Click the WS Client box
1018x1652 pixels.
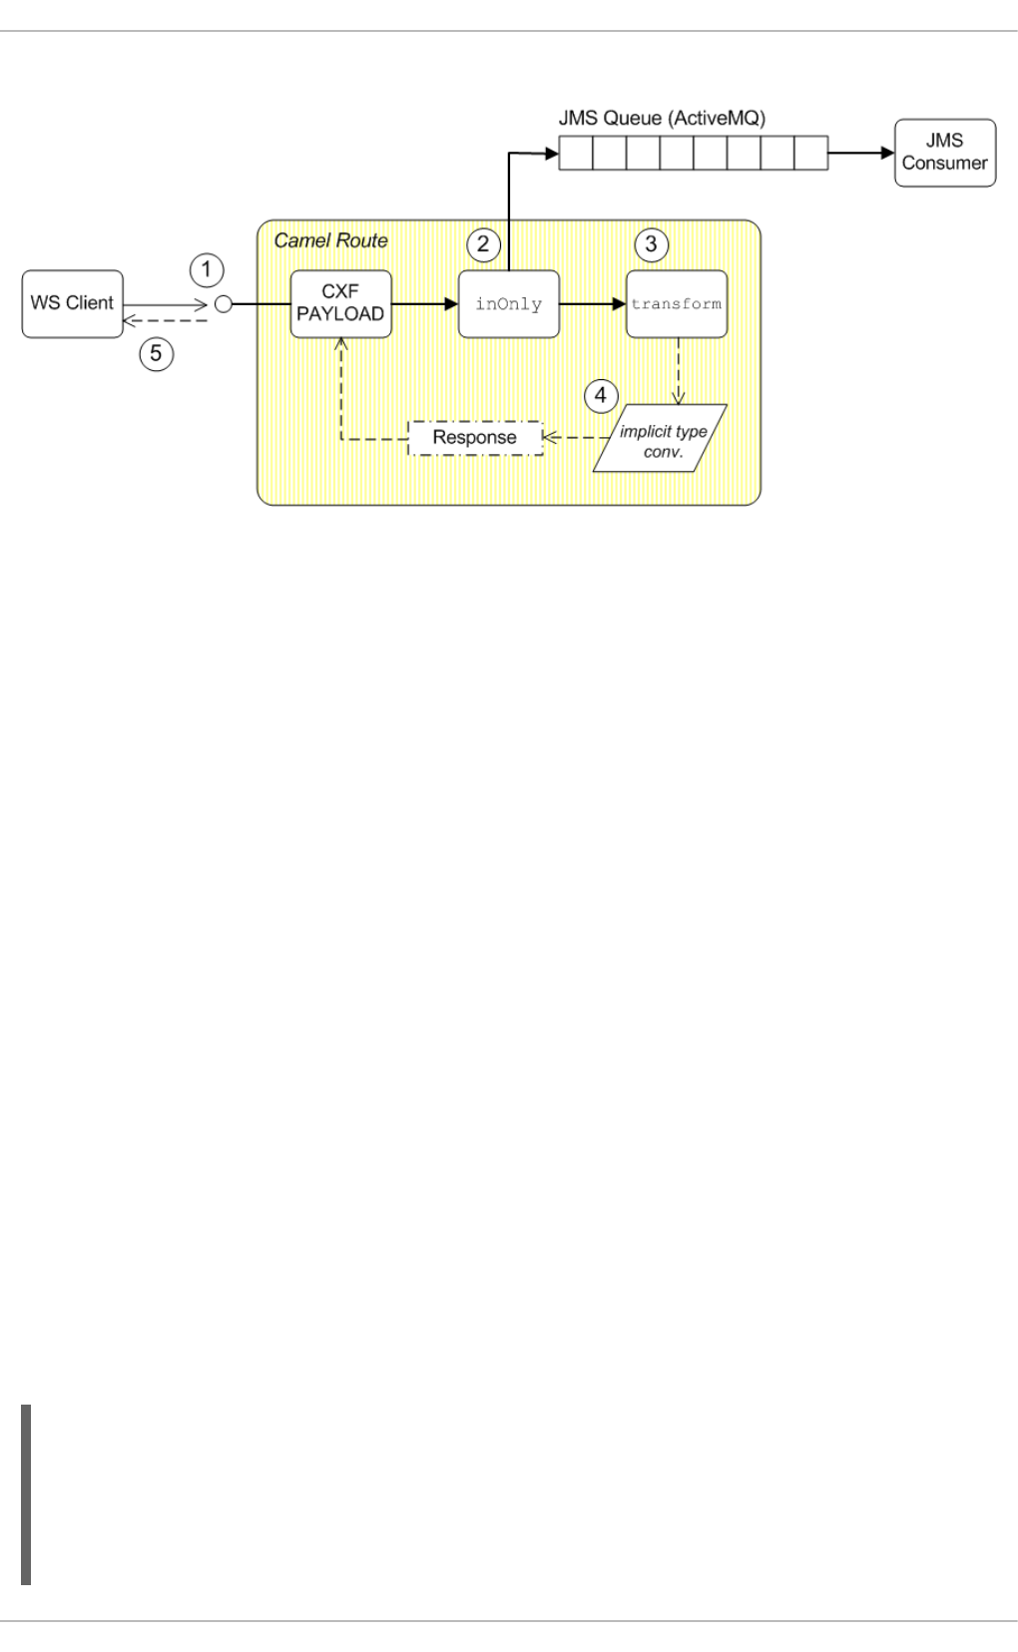coord(72,303)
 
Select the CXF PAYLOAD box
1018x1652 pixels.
coord(340,303)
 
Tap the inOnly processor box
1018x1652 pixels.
coord(508,304)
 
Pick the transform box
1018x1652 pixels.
coord(676,304)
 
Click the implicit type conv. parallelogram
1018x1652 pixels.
coord(661,438)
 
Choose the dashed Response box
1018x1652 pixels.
coord(475,438)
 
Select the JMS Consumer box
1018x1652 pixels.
coord(944,153)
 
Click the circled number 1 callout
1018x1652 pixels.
coord(207,269)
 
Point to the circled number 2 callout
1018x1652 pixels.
coord(483,242)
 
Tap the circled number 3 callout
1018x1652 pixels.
coord(652,242)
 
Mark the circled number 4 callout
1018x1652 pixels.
coord(600,395)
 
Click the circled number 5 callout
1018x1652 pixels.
coord(156,352)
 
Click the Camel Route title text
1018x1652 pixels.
coord(330,241)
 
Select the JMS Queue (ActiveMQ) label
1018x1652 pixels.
coord(662,118)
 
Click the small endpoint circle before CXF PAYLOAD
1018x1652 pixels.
coord(224,304)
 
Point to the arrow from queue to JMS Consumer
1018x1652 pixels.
coord(860,154)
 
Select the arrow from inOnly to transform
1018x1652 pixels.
coord(592,304)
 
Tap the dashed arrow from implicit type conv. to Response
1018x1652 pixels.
coord(576,438)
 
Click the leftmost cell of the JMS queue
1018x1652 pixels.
coord(575,154)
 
